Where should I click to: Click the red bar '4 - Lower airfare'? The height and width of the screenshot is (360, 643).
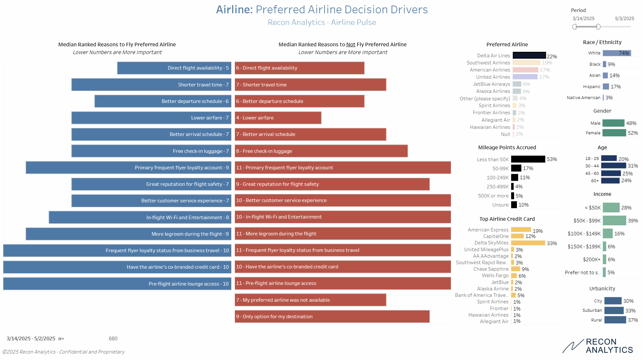(278, 118)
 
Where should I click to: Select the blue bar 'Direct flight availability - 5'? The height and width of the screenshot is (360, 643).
(174, 68)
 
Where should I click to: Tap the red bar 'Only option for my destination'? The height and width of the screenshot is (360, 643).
(332, 317)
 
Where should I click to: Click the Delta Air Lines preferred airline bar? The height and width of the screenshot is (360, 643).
(529, 56)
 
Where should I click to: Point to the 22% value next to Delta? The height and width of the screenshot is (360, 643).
(552, 56)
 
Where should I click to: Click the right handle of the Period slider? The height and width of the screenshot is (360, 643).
(598, 27)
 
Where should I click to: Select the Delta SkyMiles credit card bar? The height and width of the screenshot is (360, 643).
(528, 243)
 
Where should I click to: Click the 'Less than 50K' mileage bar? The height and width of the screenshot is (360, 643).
(528, 159)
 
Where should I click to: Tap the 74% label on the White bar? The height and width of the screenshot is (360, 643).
(624, 53)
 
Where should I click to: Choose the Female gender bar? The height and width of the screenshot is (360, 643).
(614, 133)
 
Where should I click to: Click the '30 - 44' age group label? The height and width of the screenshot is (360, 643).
(592, 166)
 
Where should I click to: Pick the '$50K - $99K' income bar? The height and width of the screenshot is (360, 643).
(614, 220)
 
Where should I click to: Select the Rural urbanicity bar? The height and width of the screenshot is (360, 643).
(615, 320)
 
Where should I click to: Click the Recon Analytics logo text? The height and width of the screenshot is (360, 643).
(609, 346)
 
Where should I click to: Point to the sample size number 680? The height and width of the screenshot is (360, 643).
(113, 338)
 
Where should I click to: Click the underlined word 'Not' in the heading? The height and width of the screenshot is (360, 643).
(350, 44)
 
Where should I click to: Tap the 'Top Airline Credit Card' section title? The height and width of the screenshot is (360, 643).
(507, 219)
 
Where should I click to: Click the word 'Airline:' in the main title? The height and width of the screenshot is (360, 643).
(234, 10)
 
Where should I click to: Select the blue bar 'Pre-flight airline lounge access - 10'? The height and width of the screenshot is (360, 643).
(117, 284)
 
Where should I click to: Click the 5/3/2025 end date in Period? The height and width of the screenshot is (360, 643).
(624, 18)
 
